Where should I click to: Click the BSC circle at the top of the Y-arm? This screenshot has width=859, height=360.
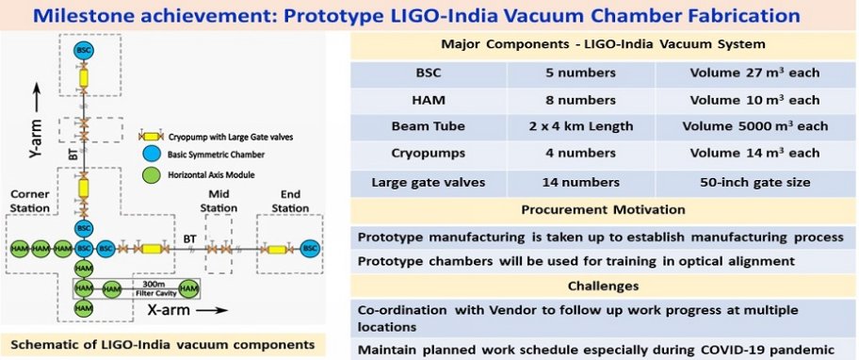[84, 50]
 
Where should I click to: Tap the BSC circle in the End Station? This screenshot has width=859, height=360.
[311, 249]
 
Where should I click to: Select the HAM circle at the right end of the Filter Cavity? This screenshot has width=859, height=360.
[189, 287]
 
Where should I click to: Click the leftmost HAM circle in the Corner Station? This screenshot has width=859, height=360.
[19, 249]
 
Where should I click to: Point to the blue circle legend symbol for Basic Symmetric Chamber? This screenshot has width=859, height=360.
[150, 155]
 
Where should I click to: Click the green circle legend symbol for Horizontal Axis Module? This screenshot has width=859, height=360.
[150, 174]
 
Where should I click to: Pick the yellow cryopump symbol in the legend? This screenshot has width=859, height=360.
[150, 137]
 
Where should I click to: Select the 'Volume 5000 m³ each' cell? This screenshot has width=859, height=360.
[754, 126]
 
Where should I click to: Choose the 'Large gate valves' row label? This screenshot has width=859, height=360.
[429, 183]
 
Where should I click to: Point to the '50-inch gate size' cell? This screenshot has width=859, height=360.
[754, 183]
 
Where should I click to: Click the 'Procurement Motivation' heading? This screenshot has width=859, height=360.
[603, 210]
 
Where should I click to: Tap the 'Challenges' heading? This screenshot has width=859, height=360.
[603, 286]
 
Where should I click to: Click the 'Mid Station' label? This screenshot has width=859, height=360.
[219, 201]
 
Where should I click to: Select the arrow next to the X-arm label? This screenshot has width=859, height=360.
[212, 311]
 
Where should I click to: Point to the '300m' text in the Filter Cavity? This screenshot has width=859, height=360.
[150, 285]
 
